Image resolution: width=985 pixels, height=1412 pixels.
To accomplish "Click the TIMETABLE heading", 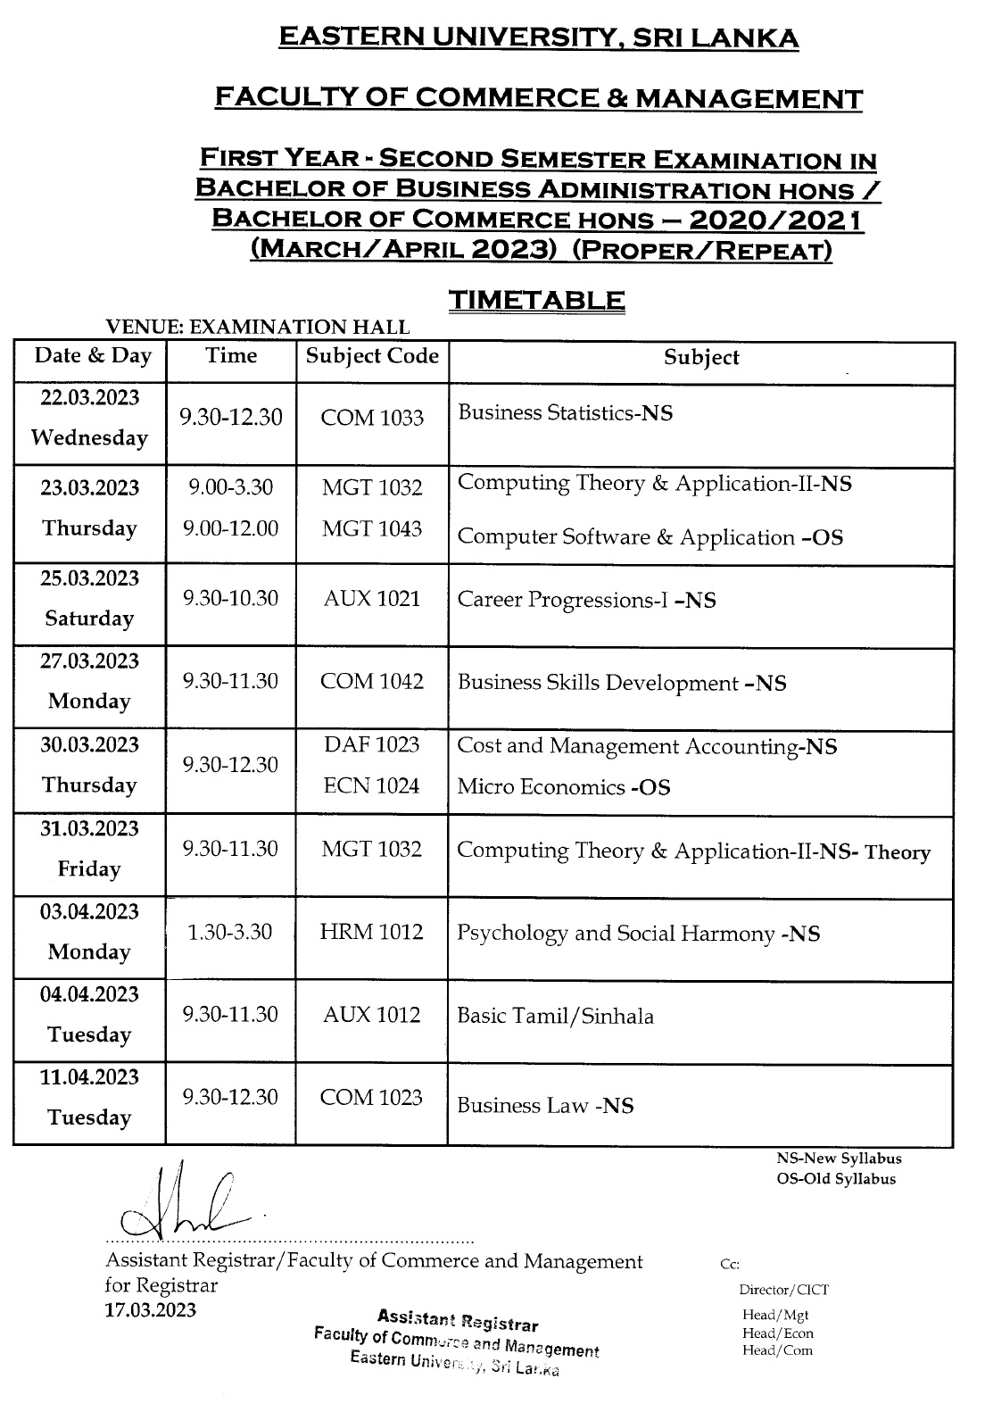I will tap(535, 301).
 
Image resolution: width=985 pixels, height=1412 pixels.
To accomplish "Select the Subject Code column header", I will tap(372, 356).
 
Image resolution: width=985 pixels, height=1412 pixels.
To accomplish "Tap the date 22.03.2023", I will tap(89, 397).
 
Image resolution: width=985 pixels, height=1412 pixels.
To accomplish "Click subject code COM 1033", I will tap(372, 418).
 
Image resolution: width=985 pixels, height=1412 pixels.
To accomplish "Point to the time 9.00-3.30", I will tap(231, 487).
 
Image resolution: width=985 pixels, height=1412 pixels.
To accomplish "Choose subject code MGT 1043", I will tap(372, 528).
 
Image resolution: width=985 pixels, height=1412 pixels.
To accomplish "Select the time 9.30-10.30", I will tap(231, 598).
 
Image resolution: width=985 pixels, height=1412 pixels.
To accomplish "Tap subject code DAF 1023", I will tap(372, 744).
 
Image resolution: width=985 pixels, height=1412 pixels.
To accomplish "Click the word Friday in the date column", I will tap(89, 868).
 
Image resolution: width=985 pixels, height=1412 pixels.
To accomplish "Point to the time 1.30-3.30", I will tap(230, 932).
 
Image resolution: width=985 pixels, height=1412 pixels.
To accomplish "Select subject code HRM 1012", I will tap(372, 932).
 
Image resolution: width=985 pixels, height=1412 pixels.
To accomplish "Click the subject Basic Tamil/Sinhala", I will tap(555, 1016).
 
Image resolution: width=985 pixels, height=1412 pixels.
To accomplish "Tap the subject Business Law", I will tap(545, 1106).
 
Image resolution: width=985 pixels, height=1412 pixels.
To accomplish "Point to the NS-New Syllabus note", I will tap(839, 1159).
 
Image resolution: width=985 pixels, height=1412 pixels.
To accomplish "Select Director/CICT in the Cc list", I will tap(783, 1290).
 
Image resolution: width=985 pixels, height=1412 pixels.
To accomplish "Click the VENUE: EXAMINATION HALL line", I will tap(257, 328).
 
